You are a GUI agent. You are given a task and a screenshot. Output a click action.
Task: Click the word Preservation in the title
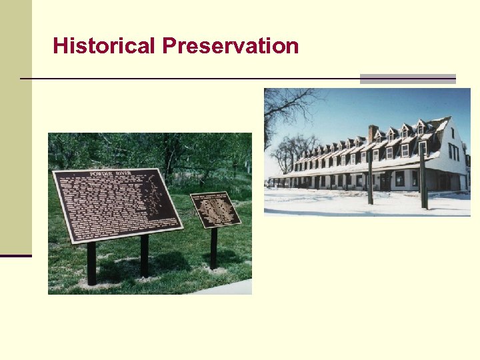coord(230,47)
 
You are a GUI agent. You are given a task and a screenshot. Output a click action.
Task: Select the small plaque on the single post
coord(215,210)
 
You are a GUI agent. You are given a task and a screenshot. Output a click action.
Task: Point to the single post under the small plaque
coord(214,248)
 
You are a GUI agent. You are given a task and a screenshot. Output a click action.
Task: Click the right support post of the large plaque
coord(144,255)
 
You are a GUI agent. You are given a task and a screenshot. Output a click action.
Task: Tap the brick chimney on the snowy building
coord(373,133)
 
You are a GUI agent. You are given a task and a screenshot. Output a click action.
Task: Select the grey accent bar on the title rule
coord(407,79)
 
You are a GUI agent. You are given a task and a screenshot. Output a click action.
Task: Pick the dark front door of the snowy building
coord(385,181)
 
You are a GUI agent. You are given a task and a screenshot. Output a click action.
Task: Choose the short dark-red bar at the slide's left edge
coord(15,255)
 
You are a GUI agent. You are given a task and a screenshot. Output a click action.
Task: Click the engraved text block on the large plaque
coord(107,203)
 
